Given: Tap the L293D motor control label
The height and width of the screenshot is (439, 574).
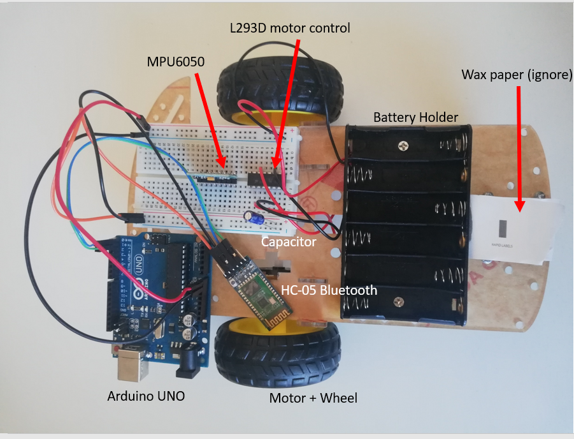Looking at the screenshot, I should (x=290, y=28).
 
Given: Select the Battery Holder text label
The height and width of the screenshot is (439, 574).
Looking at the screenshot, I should (x=415, y=117).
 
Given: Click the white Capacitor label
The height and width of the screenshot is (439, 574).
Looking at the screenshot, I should (x=289, y=242).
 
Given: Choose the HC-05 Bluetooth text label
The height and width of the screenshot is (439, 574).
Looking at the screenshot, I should (x=329, y=290).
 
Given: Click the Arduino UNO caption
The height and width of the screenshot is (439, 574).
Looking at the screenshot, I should (x=146, y=396).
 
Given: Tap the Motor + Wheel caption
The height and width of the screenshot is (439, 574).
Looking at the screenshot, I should (x=313, y=398).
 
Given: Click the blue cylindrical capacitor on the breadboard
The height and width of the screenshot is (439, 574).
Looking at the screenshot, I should (x=253, y=219).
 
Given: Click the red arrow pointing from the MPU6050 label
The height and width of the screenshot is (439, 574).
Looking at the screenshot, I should (x=210, y=121).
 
